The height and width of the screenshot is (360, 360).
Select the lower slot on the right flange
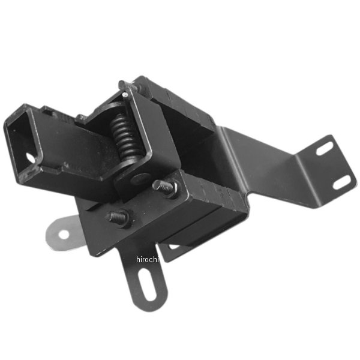[x=344, y=181]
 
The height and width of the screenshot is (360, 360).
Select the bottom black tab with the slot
[x=146, y=282]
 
